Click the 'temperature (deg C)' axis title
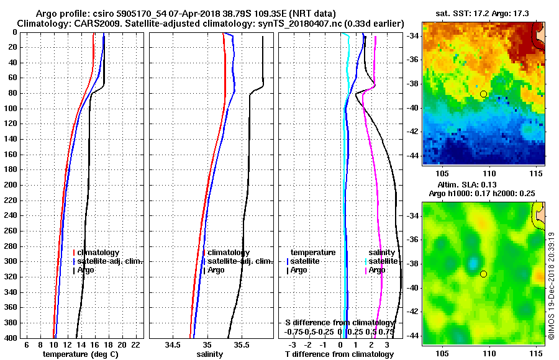[80, 354]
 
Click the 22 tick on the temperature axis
[135, 344]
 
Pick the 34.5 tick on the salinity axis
[174, 344]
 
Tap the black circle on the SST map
[483, 94]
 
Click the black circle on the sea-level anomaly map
[483, 274]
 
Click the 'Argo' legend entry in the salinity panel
[216, 270]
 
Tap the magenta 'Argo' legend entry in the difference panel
[377, 270]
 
